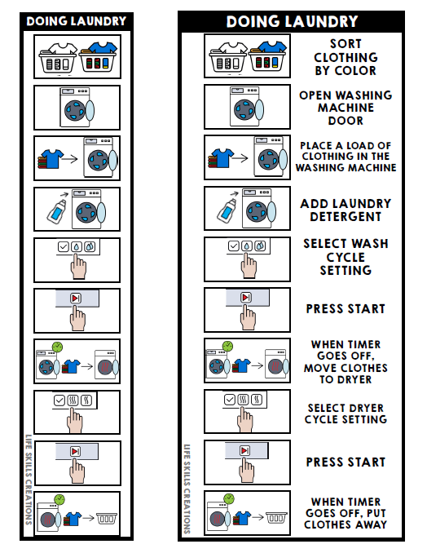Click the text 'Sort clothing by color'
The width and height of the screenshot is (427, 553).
[x=346, y=57]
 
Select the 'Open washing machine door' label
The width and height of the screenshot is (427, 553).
[x=346, y=108]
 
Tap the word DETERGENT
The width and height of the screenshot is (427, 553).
[x=346, y=217]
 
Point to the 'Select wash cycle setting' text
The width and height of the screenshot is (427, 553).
[x=346, y=257]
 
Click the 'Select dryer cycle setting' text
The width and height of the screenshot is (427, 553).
[x=346, y=414]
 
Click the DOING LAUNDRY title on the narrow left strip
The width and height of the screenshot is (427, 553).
[x=77, y=20]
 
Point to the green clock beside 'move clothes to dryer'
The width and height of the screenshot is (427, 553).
[x=227, y=347]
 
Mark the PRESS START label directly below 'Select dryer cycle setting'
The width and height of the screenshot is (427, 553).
[x=346, y=462]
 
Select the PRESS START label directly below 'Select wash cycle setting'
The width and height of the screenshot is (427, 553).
[x=346, y=309]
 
